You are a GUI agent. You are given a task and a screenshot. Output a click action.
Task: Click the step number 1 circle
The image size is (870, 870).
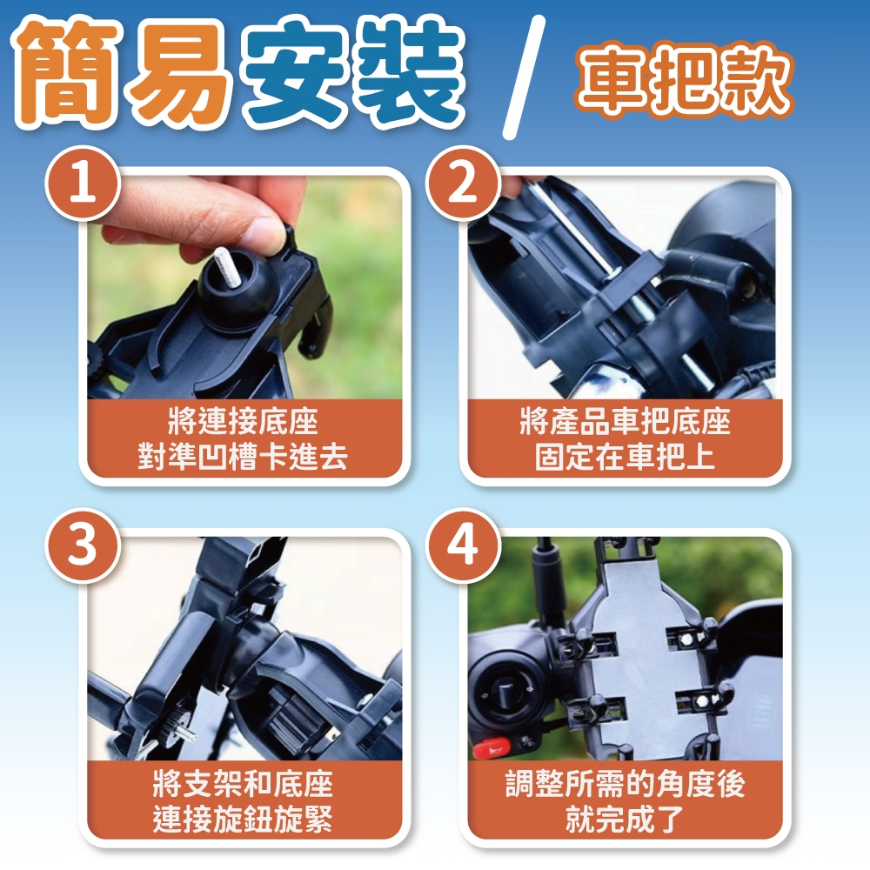tap(83, 183)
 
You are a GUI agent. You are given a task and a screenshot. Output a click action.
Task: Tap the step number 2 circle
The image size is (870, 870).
tap(463, 183)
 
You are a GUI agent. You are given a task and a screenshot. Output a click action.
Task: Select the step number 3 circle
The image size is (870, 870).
tap(83, 545)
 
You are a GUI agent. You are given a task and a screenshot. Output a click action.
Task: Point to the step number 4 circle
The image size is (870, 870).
tap(463, 545)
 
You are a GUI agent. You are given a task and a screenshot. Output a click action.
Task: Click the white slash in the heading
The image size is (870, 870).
tap(524, 77)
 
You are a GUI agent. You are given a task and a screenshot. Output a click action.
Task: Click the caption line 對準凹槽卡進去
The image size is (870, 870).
tap(243, 457)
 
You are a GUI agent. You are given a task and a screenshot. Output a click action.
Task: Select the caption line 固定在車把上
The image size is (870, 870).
tap(625, 457)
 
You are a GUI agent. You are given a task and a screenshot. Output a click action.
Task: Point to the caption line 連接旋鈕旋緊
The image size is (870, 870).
tap(243, 819)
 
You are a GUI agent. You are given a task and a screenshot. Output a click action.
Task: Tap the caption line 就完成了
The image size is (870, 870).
tap(625, 819)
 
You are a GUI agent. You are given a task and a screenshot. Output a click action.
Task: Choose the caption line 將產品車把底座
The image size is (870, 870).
tap(625, 422)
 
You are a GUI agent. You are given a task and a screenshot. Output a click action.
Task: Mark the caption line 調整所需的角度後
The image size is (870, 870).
tap(625, 784)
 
